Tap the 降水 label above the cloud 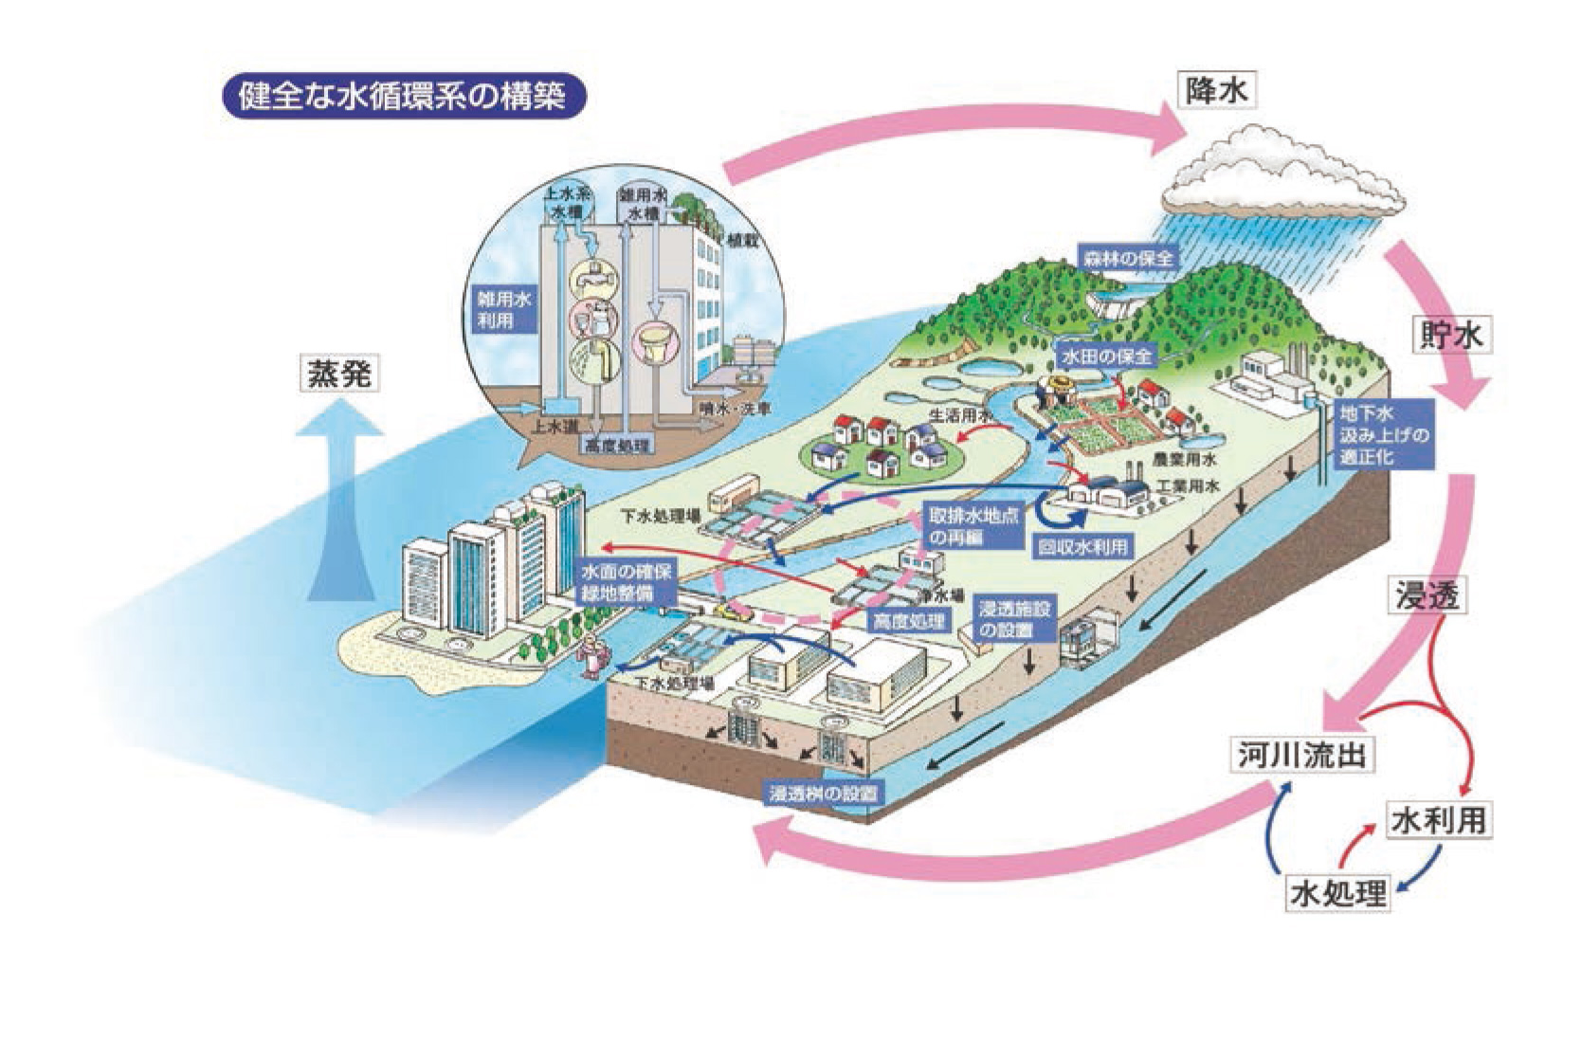pos(1216,91)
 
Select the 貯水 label pos(1450,337)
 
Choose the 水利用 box pos(1437,820)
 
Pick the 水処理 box pos(1337,893)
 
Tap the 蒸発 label pos(337,374)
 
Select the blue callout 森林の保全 pos(1130,257)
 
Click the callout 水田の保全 pos(1107,356)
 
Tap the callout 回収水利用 pos(1082,547)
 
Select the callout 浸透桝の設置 pos(822,793)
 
